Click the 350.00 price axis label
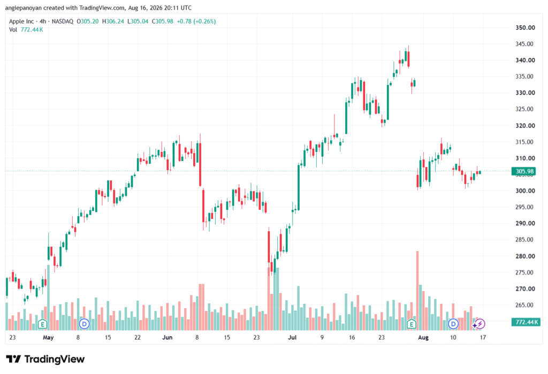[525, 28]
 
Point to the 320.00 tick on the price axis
[525, 126]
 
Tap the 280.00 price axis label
[525, 256]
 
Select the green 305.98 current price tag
[524, 171]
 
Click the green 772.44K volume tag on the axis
[526, 322]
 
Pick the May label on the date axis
[48, 338]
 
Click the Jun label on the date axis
[168, 338]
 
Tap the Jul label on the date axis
[292, 338]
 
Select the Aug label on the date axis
[423, 338]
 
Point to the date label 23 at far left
[13, 338]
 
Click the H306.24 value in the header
[113, 21]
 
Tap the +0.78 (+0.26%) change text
[196, 21]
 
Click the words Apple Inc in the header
[21, 21]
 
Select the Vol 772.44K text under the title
[26, 30]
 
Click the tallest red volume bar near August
[417, 291]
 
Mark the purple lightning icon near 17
[480, 324]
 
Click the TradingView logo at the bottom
[45, 360]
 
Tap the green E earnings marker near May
[42, 324]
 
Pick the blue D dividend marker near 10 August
[453, 324]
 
